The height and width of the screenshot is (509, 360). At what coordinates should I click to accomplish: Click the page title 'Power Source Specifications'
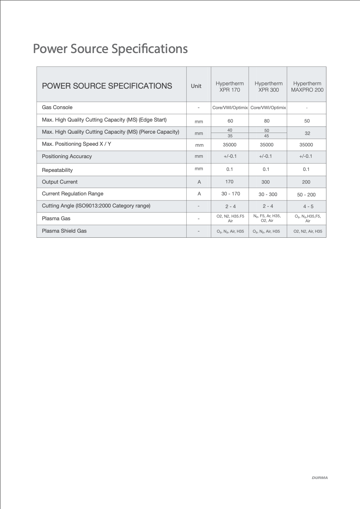coord(110,49)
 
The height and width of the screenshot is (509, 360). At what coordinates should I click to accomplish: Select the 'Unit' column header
coord(196,86)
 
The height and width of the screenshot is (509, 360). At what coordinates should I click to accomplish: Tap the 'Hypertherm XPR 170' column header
coord(230,87)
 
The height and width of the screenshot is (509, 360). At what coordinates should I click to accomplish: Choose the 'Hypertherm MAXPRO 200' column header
coord(307,87)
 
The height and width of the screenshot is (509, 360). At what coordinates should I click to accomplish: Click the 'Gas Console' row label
coord(57,107)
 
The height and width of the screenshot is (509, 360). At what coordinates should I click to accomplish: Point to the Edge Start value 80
coord(267,121)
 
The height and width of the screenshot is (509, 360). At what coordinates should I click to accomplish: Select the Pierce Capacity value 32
coord(307,133)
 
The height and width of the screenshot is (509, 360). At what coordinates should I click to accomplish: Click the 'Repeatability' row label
coord(57,170)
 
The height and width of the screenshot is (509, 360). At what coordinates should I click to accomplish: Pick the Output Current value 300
coord(265,182)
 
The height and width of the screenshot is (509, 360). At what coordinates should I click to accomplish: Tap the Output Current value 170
coord(229,182)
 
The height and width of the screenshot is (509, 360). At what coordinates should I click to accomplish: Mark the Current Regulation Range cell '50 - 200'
coord(306,195)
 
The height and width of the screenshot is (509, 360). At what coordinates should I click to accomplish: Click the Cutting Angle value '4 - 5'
coord(308,206)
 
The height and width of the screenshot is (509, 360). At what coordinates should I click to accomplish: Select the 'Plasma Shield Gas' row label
coord(64,231)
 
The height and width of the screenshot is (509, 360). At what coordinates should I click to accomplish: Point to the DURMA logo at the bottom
coord(320,478)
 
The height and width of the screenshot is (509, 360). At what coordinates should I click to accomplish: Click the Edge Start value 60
coord(230,121)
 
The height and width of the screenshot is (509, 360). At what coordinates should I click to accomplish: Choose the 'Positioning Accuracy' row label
coord(67,156)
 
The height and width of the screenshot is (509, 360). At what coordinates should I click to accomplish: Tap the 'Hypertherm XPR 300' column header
coord(268,87)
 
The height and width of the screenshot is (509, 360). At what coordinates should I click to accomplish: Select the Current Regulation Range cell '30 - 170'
coord(231,194)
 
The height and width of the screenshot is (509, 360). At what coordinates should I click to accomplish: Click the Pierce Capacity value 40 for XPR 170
coord(230,130)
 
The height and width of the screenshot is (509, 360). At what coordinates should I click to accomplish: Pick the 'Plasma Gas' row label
coord(56,219)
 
